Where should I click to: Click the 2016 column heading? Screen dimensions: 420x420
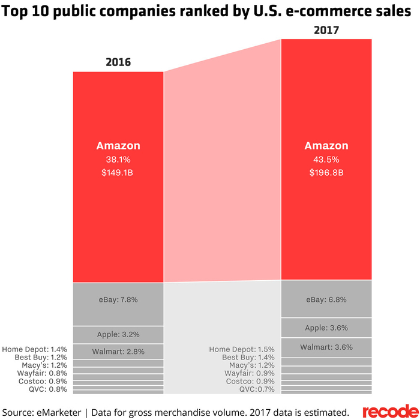[118, 62]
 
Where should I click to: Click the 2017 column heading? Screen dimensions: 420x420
[327, 29]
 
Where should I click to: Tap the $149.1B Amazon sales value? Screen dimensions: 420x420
[118, 173]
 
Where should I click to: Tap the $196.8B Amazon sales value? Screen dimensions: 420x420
[326, 173]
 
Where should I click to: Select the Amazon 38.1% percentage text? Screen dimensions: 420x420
[118, 160]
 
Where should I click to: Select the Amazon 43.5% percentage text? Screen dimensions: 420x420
[326, 160]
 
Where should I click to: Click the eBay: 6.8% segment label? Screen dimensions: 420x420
[326, 299]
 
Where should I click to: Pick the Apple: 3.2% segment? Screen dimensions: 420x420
[118, 334]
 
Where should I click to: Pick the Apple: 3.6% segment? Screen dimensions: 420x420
[326, 328]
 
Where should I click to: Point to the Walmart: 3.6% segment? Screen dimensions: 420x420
[326, 347]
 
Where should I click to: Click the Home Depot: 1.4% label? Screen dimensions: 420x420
[34, 349]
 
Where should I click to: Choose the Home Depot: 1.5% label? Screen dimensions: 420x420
[242, 349]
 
